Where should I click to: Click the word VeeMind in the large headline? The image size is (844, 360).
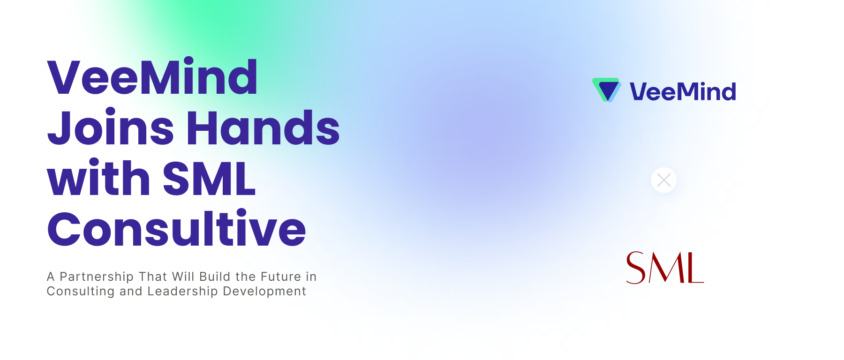[x=152, y=77]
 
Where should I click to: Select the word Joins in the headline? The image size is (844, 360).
[x=111, y=128]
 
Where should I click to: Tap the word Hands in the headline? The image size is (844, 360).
[x=263, y=128]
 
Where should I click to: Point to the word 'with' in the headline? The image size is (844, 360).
[x=98, y=178]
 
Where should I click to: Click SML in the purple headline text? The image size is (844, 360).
[x=209, y=179]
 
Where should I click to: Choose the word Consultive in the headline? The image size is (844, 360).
[x=176, y=229]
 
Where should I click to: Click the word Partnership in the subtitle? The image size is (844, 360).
[x=97, y=277]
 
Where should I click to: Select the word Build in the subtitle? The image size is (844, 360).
[x=215, y=277]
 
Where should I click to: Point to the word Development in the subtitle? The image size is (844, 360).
[x=264, y=291]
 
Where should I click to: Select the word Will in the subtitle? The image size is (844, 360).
[x=183, y=277]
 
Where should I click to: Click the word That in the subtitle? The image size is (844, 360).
[x=153, y=277]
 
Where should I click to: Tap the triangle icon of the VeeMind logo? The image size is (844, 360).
[x=607, y=90]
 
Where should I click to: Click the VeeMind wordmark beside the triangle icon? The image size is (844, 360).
[x=683, y=91]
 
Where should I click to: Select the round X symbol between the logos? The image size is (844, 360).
[x=664, y=180]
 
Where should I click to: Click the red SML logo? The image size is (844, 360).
[x=665, y=268]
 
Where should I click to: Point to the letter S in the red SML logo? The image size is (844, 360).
[x=636, y=268]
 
